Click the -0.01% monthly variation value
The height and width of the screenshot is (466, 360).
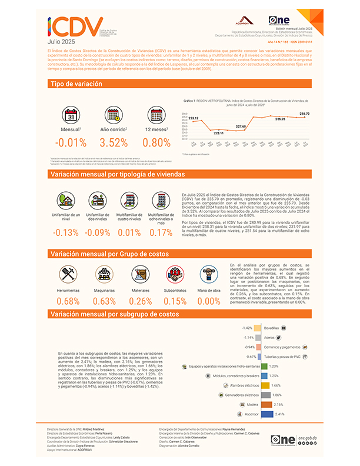70,142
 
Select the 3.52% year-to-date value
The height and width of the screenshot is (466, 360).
114,142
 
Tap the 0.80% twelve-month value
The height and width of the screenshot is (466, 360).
156,142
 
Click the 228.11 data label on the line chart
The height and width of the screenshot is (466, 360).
218,134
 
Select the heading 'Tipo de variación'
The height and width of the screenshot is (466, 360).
76,85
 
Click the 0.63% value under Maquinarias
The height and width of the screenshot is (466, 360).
104,301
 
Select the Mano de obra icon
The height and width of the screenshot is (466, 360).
209,273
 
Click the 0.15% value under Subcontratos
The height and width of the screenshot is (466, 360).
174,301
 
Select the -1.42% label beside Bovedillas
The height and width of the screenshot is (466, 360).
248,328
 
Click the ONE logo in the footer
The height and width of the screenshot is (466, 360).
283,439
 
